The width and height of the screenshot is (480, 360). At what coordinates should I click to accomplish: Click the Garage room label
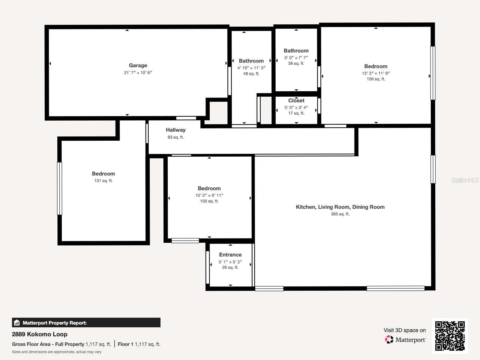(138, 65)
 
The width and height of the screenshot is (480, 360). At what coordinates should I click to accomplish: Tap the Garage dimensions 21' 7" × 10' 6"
(138, 73)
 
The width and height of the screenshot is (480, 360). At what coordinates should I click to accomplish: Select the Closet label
(296, 100)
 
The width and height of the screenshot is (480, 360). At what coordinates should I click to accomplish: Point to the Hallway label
(175, 130)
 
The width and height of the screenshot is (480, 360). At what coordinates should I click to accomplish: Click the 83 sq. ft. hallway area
(175, 137)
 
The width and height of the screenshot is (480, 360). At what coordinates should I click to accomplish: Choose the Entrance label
(230, 255)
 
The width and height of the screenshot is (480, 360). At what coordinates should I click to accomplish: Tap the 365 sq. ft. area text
(340, 214)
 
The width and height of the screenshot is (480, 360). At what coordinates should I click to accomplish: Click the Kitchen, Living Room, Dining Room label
(340, 207)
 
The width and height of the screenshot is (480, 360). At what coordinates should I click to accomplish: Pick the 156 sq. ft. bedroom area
(376, 79)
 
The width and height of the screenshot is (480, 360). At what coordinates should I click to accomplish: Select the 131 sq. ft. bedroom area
(103, 181)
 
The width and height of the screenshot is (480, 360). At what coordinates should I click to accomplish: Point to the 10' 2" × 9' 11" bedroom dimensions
(209, 195)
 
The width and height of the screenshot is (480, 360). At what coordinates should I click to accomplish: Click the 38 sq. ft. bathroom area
(296, 64)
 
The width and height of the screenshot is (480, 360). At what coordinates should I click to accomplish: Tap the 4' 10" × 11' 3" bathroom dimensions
(251, 68)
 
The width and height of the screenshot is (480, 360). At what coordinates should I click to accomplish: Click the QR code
(450, 336)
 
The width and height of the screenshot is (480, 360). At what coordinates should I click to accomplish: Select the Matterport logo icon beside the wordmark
(389, 339)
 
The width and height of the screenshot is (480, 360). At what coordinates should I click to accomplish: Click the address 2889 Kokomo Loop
(40, 334)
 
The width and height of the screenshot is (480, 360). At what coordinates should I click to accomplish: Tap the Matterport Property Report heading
(55, 323)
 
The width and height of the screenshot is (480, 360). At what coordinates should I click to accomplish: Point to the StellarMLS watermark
(465, 180)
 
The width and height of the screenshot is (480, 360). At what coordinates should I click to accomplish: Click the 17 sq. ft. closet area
(296, 113)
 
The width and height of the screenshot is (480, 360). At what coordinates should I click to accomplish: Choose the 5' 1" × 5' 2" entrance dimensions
(230, 262)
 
